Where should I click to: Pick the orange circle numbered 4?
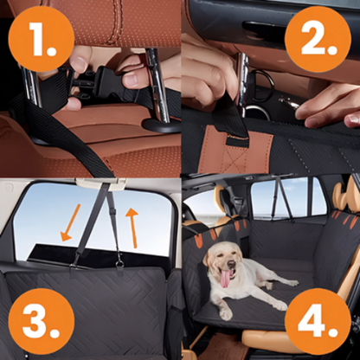pyautogui.click(x=321, y=321)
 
